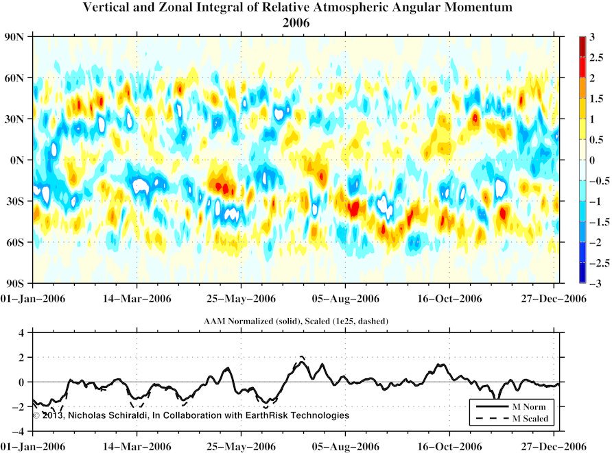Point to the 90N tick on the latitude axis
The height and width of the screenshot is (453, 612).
[16, 37]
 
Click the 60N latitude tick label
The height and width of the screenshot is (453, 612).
[16, 78]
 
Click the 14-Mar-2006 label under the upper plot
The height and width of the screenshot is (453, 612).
[137, 299]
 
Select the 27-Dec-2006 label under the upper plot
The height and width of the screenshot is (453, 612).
[554, 299]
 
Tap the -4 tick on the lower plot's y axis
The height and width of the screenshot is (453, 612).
[21, 431]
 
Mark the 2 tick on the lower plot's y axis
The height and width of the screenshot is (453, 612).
[23, 357]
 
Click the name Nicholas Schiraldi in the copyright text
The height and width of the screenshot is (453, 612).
[108, 415]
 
